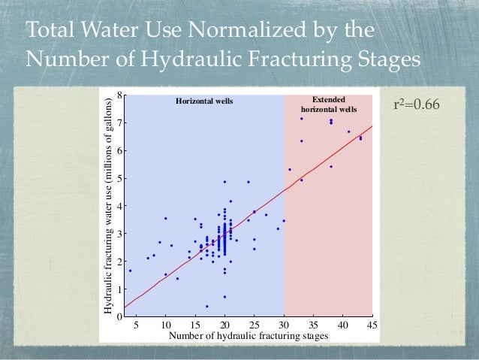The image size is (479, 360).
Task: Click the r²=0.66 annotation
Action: pos(417,103)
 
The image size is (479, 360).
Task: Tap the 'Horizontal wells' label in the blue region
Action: pos(205,100)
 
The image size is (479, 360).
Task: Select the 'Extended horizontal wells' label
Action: pos(325,104)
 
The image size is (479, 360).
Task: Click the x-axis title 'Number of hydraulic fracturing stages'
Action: pos(249,336)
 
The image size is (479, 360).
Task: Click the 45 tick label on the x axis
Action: pos(372,325)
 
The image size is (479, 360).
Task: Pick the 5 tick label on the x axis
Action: pos(136,325)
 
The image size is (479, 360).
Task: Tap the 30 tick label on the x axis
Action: pos(284,325)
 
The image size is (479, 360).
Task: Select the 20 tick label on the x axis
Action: pos(224,325)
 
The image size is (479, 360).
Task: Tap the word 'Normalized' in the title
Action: pos(244,32)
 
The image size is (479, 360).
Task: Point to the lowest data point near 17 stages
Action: pos(207,306)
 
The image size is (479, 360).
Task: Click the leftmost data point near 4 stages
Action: pos(130,271)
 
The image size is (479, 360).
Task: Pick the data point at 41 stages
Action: pos(348,132)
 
